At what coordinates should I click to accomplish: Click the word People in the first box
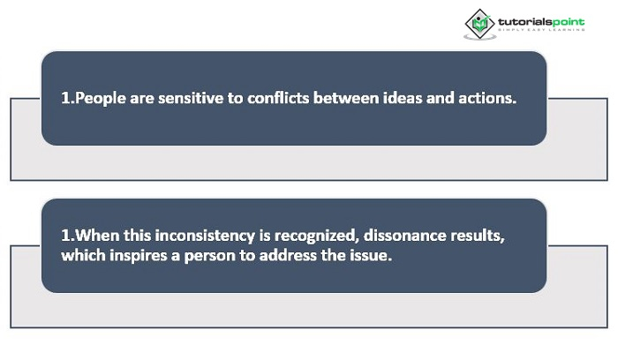pyautogui.click(x=100, y=99)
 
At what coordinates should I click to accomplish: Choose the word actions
pyautogui.click(x=487, y=98)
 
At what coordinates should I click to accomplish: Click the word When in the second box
pyautogui.click(x=97, y=236)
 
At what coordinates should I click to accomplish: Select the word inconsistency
pyautogui.click(x=205, y=236)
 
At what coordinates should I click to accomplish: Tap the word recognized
pyautogui.click(x=316, y=236)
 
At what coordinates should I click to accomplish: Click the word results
pyautogui.click(x=478, y=236)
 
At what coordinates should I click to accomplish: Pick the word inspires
pyautogui.click(x=139, y=256)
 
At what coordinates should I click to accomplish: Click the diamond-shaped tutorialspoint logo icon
pyautogui.click(x=479, y=25)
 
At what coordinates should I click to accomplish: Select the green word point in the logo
pyautogui.click(x=568, y=22)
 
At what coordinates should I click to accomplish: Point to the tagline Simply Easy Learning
pyautogui.click(x=541, y=30)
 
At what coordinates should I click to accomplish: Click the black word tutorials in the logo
pyautogui.click(x=524, y=21)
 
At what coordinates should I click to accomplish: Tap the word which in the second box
pyautogui.click(x=83, y=256)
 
